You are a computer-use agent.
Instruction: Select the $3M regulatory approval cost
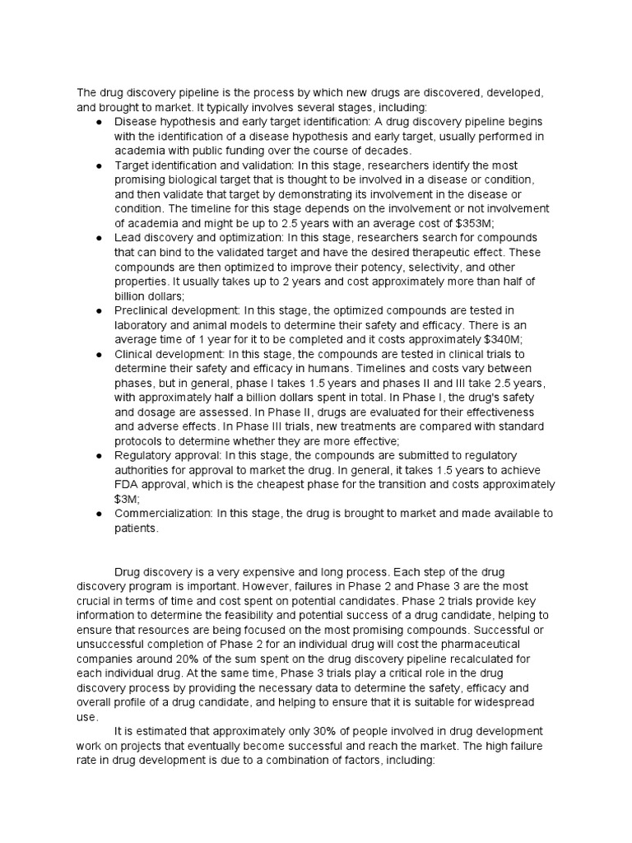click(123, 498)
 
